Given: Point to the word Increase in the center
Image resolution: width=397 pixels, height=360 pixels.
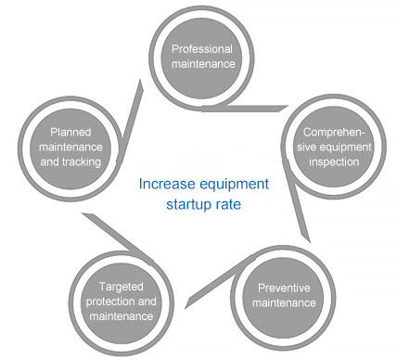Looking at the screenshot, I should coord(164,183).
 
